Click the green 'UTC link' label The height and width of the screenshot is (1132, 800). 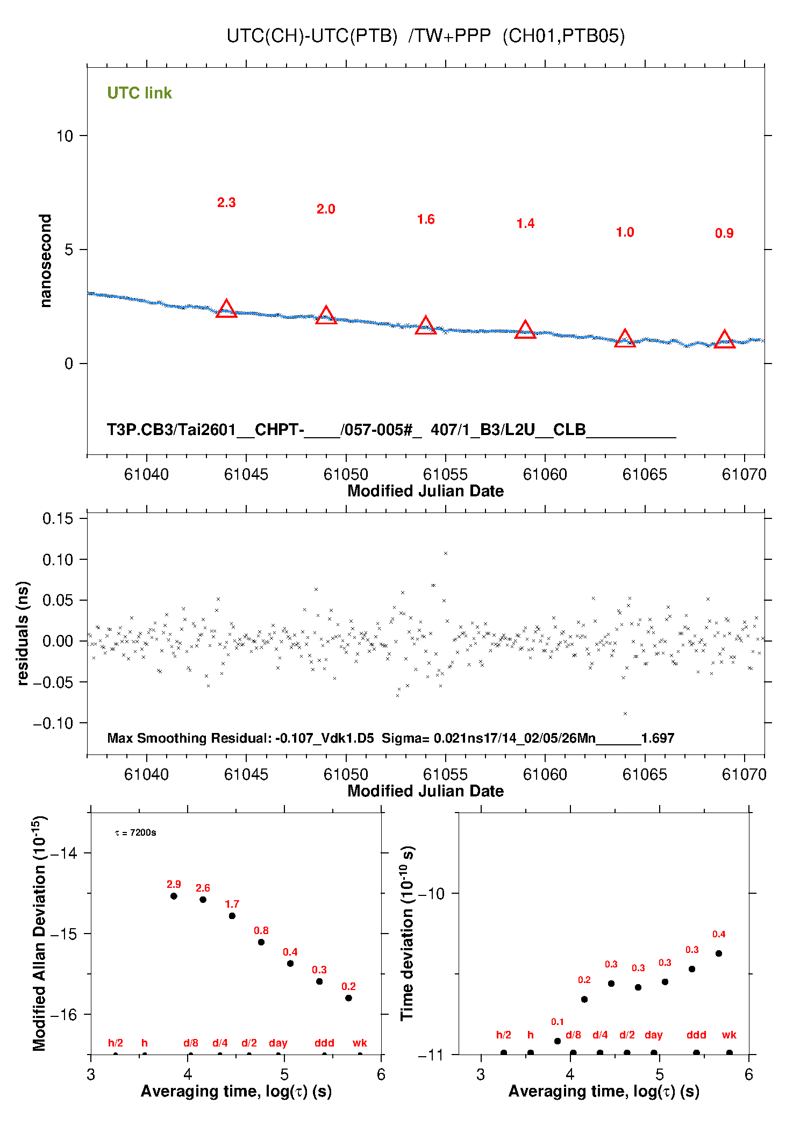click(x=139, y=93)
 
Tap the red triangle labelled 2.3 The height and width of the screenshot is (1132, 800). click(x=226, y=309)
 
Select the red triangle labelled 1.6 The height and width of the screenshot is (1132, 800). click(x=426, y=325)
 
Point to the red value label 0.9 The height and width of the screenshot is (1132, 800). click(x=724, y=233)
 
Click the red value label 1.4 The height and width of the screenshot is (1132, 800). click(x=525, y=224)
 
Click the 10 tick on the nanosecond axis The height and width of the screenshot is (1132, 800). click(x=65, y=136)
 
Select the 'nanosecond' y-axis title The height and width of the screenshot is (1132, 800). click(x=46, y=261)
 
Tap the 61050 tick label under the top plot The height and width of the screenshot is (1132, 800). click(x=346, y=474)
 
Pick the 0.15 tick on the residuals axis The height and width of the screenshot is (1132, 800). click(x=58, y=519)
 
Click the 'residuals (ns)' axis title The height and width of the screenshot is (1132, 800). click(x=23, y=633)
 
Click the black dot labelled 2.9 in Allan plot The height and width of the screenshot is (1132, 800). click(x=174, y=896)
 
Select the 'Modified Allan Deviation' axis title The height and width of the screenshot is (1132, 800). click(x=39, y=934)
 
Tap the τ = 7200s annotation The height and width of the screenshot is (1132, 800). click(x=135, y=833)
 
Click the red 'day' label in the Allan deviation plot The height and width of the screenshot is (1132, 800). click(x=278, y=1043)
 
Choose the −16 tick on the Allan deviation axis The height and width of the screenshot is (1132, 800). click(x=63, y=1014)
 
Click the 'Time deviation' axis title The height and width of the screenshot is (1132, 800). click(x=407, y=934)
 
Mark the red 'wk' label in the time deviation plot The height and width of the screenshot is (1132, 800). click(x=729, y=1035)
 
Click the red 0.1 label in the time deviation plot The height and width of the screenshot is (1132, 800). click(x=558, y=1022)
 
